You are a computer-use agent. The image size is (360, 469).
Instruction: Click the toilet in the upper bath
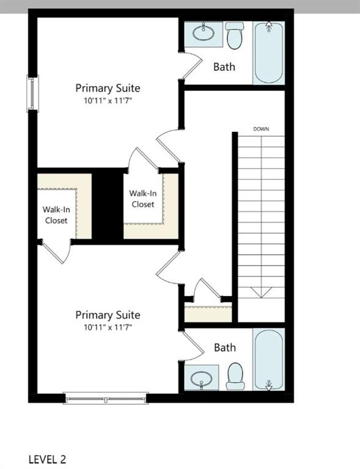tap(235, 35)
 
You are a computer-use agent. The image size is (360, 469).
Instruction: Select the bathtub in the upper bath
tap(268, 53)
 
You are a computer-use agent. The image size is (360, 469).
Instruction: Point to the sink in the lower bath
tap(202, 379)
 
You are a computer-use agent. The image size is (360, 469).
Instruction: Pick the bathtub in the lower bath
tap(268, 360)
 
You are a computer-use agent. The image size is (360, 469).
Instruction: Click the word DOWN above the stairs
tap(261, 129)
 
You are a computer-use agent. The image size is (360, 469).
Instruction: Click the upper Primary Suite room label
tap(108, 88)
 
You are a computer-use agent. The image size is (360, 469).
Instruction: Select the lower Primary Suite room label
tap(108, 314)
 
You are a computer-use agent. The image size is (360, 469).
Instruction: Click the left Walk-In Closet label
tap(56, 214)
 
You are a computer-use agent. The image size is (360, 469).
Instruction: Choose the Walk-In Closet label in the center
tap(142, 198)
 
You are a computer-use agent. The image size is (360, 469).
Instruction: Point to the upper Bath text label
tap(224, 67)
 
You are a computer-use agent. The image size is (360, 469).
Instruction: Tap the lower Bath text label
tap(224, 347)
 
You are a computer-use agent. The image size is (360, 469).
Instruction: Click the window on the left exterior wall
tap(32, 93)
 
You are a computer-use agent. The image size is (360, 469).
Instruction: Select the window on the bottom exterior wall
tap(106, 399)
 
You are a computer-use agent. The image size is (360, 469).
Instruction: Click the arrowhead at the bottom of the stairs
tap(261, 293)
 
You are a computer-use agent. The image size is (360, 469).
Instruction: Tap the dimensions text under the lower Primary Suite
tap(108, 327)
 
